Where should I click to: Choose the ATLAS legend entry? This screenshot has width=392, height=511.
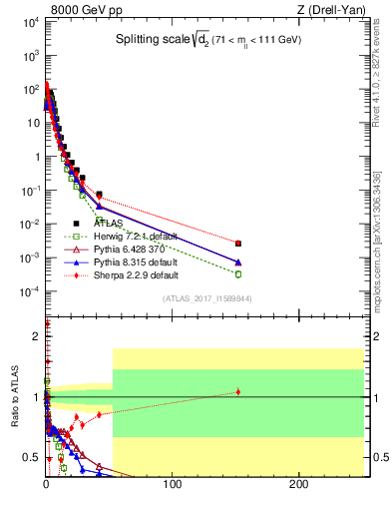coord(97,225)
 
